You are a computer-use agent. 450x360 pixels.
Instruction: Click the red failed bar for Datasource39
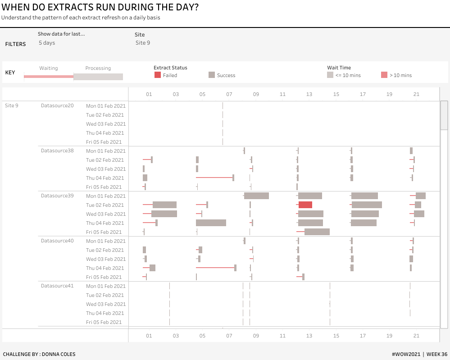(x=305, y=205)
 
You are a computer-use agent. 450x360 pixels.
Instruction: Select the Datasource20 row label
(x=57, y=106)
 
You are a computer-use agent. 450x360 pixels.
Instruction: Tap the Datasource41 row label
(x=57, y=286)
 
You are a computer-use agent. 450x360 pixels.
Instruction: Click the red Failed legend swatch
(x=157, y=75)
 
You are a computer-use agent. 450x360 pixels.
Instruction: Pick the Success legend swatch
(x=212, y=75)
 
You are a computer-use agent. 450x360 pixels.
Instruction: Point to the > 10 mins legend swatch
(x=384, y=75)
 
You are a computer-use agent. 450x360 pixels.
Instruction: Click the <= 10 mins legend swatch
(x=330, y=75)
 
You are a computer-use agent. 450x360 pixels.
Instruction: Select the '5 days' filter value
(x=47, y=43)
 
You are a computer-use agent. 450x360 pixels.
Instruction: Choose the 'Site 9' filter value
(x=143, y=43)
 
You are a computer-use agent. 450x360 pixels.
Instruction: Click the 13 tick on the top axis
(x=309, y=94)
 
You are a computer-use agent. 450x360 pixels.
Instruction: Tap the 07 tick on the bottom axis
(x=229, y=335)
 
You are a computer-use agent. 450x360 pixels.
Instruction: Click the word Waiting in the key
(x=49, y=68)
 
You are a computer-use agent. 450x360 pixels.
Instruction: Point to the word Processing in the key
(x=98, y=68)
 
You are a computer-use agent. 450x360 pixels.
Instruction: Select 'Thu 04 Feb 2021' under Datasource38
(x=105, y=178)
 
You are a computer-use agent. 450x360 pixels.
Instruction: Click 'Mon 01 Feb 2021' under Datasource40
(x=106, y=241)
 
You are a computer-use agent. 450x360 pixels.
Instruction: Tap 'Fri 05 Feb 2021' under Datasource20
(x=104, y=142)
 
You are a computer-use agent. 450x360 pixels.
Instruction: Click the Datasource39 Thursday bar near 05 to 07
(x=211, y=223)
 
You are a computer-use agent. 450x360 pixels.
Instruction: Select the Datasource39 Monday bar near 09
(x=256, y=196)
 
